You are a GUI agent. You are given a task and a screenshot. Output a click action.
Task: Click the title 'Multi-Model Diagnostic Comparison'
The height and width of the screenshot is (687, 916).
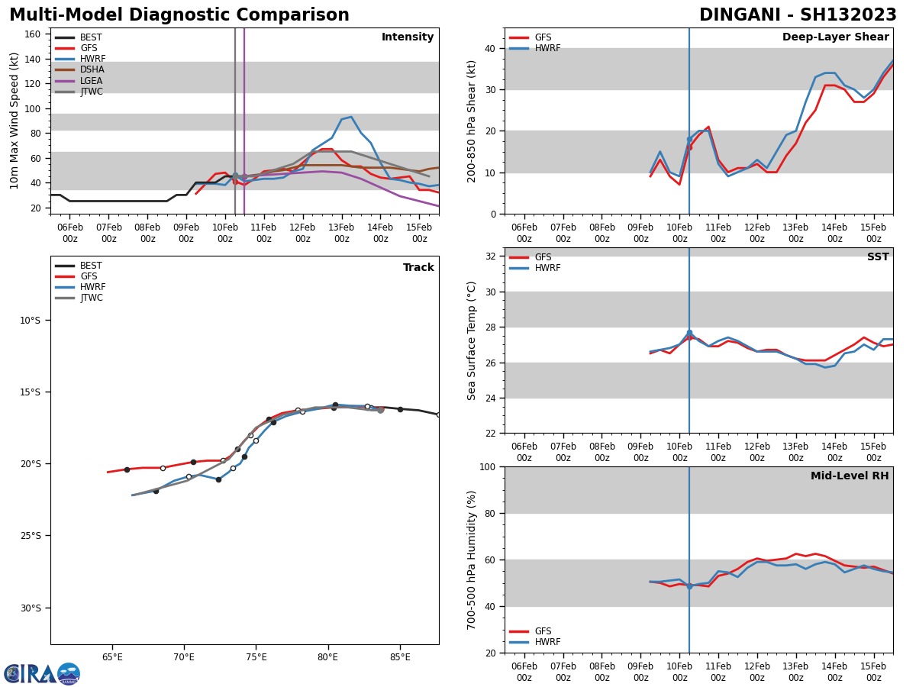coord(179,15)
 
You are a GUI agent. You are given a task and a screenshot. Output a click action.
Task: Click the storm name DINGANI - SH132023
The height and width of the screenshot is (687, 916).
coord(798,15)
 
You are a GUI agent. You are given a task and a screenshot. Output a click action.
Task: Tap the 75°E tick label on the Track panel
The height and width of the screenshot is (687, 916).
coord(256,657)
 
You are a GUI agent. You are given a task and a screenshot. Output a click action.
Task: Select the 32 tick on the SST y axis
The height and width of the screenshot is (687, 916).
coord(492,256)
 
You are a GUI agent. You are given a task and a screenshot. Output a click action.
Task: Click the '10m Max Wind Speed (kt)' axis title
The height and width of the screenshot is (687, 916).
coord(15,121)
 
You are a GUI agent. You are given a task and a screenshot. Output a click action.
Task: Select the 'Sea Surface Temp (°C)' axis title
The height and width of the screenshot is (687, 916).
coord(473,340)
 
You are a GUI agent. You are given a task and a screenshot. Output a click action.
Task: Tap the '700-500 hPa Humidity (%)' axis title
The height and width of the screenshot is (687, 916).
coord(473,560)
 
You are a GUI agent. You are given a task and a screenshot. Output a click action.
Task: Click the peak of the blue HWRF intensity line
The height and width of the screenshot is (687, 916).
coord(350,117)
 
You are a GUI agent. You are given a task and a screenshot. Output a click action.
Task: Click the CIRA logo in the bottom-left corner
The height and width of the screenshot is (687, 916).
coord(42,673)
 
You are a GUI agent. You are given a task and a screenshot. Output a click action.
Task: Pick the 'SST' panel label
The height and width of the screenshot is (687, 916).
coord(878,257)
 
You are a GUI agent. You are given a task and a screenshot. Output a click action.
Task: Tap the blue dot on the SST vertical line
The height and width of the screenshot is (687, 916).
coord(689,333)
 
